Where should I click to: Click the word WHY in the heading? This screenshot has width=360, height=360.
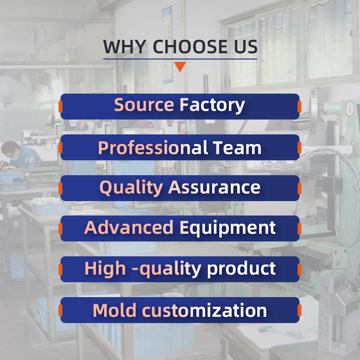[125, 47]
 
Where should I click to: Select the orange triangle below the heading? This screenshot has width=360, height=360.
[180, 67]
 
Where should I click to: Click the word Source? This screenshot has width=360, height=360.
[144, 105]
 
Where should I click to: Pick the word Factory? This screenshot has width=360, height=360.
[212, 106]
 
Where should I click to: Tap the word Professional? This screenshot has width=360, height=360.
[153, 147]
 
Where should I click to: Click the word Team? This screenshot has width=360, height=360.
[237, 148]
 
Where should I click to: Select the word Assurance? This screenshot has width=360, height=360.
[214, 188]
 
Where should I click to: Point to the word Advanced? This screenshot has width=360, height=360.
[129, 228]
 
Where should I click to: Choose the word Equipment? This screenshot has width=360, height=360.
[228, 228]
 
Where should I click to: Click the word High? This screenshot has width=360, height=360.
[105, 269]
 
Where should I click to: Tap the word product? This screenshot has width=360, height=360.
[241, 269]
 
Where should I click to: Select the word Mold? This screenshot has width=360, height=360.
[114, 311]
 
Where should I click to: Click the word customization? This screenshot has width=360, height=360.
[204, 311]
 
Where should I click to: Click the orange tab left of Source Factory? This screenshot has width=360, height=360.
[60, 107]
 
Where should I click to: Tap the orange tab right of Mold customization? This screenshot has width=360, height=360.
[300, 310]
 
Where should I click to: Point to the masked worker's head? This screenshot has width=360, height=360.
[11, 151]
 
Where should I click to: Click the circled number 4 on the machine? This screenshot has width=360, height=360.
[349, 109]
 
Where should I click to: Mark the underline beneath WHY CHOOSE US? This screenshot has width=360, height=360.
[180, 59]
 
